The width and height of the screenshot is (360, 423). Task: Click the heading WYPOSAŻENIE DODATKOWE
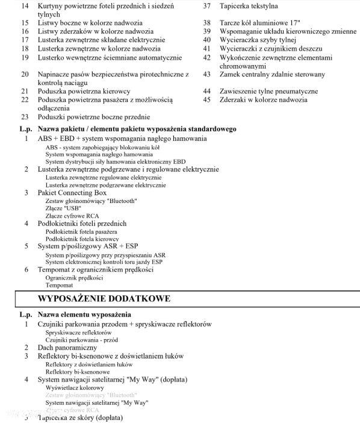click(x=104, y=299)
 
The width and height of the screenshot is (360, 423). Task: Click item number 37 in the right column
click(x=206, y=6)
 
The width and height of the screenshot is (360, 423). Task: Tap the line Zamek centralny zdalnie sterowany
click(x=272, y=75)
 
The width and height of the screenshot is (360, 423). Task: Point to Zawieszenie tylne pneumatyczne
click(x=268, y=91)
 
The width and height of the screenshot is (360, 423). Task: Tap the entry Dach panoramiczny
click(x=67, y=348)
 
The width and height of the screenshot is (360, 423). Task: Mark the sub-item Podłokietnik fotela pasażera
click(x=81, y=231)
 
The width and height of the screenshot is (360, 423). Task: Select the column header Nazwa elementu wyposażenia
click(x=84, y=315)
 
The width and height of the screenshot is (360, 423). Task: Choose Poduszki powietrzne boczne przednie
click(x=94, y=117)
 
